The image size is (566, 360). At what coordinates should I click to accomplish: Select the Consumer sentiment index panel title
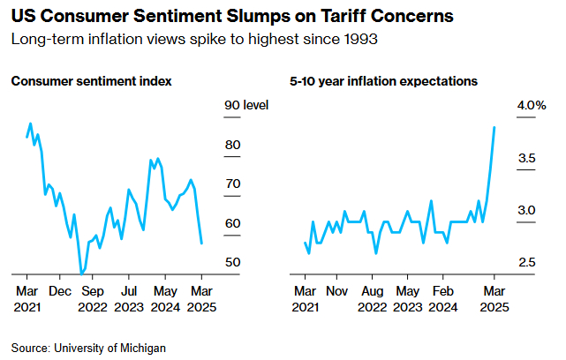(91, 81)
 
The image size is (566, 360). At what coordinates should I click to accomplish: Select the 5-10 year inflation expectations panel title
(383, 81)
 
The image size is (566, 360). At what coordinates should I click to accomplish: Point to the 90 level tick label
(245, 106)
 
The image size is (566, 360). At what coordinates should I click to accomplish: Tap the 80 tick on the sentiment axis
(233, 145)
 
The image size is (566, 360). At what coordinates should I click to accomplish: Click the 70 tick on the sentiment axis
(233, 184)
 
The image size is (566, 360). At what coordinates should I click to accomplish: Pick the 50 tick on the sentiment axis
(233, 263)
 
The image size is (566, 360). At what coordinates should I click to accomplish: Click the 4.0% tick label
(532, 106)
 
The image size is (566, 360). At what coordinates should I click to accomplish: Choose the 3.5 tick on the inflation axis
(527, 158)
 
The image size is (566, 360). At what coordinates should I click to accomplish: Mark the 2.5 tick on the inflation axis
(527, 263)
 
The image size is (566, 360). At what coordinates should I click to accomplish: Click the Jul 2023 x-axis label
(129, 298)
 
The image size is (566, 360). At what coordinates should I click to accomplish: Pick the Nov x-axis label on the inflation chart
(336, 290)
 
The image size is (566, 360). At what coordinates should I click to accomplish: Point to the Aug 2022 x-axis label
(373, 298)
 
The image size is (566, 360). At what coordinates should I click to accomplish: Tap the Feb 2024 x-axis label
(443, 298)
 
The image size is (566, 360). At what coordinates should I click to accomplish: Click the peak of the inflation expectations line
(494, 127)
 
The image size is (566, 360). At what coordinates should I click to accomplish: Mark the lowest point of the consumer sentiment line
(82, 274)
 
